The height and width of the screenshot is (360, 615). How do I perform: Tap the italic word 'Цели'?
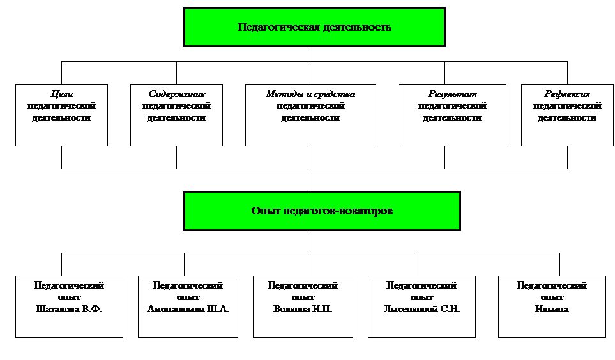pos(61,94)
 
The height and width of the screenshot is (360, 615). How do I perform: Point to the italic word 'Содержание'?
pos(177,94)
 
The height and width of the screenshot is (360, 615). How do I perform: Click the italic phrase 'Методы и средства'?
pos(310,94)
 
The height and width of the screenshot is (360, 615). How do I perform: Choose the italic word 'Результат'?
pos(452,94)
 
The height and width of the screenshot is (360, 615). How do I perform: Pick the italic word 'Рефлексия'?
pos(567,94)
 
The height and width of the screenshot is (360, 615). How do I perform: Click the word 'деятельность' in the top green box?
pos(358,27)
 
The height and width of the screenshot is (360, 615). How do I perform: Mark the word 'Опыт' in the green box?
pos(265,211)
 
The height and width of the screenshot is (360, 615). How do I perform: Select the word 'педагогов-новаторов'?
pos(338,211)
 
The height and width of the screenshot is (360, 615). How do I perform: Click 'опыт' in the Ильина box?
pos(552,297)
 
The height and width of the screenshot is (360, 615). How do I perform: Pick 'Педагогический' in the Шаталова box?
pos(69,286)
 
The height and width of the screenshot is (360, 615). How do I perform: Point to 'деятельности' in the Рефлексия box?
pos(567,118)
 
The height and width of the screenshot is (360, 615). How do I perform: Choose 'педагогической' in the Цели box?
pos(61,106)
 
